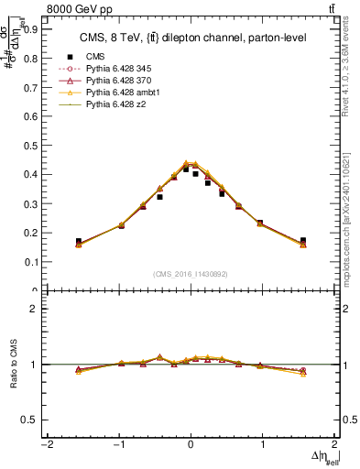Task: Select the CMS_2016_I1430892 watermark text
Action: pos(190,274)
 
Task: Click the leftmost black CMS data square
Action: pos(79,241)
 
